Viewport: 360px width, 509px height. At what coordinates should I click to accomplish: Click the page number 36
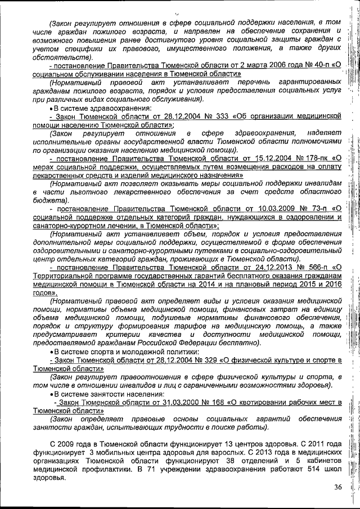coord(337,487)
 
